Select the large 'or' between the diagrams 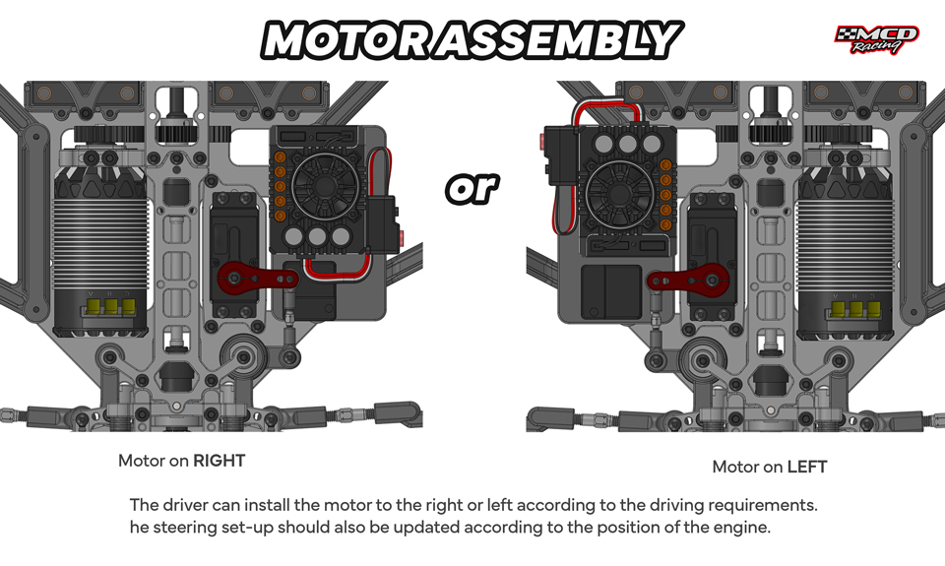click(x=472, y=188)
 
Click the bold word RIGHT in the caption click(x=219, y=461)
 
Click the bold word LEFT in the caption click(x=807, y=467)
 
